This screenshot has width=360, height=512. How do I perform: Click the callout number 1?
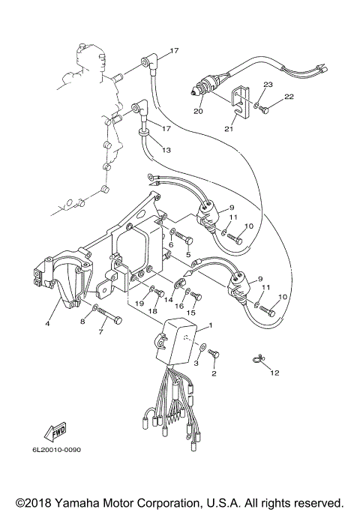[x=211, y=325]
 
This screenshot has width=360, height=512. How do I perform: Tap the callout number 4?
[x=47, y=324]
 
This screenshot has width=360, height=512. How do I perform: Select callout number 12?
[x=274, y=373]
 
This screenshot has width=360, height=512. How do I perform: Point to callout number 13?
[x=166, y=150]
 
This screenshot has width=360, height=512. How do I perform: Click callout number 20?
[x=198, y=112]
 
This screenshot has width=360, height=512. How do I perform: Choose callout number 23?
[x=268, y=85]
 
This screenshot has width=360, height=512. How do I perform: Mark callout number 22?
[x=289, y=97]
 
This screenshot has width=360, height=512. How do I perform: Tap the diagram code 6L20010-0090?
[x=55, y=450]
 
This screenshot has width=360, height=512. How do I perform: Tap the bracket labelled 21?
[x=240, y=102]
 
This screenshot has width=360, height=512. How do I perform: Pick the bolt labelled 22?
[x=264, y=110]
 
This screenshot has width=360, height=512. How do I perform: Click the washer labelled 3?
[x=203, y=348]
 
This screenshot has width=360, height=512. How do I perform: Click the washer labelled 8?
[x=96, y=308]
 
